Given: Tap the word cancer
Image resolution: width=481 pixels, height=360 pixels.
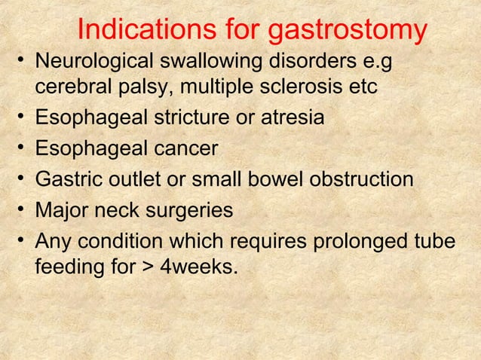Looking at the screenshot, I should pos(180,149).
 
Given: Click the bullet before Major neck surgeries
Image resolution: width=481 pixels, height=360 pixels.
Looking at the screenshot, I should pos(23,210).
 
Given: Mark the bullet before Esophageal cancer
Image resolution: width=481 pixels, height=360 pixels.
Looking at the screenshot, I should pos(23,149).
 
